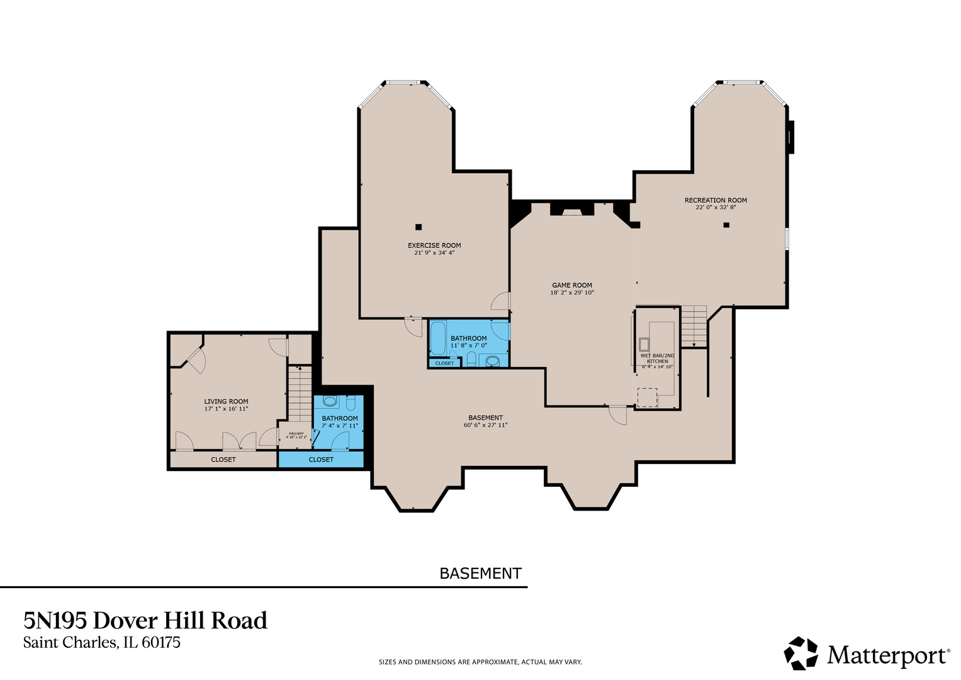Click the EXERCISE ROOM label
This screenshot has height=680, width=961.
pos(434,246)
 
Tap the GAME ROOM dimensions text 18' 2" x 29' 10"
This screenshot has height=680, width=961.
pos(572,293)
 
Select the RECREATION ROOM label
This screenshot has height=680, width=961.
pos(716,200)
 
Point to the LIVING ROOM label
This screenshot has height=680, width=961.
pos(226,401)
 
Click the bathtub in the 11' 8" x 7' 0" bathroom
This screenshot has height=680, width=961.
pos(437,338)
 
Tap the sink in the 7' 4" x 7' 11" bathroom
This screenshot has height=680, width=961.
pos(330,401)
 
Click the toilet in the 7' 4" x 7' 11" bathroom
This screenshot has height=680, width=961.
pos(351,402)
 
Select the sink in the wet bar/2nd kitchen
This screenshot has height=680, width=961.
pos(644,344)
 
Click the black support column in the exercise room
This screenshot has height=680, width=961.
pos(419,227)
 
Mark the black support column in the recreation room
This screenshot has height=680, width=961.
pos(726,225)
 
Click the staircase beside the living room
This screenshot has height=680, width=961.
pos(300,394)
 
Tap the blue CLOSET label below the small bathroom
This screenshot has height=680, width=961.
pos(321,460)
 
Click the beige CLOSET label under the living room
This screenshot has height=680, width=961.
pos(223,460)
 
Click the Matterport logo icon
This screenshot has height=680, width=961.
pos(801,653)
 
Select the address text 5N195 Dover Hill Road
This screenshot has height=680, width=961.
pos(145,621)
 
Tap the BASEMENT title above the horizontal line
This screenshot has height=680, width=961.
pos(480,574)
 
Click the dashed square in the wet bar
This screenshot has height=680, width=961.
pos(647,398)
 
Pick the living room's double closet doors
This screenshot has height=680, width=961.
pos(239,441)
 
